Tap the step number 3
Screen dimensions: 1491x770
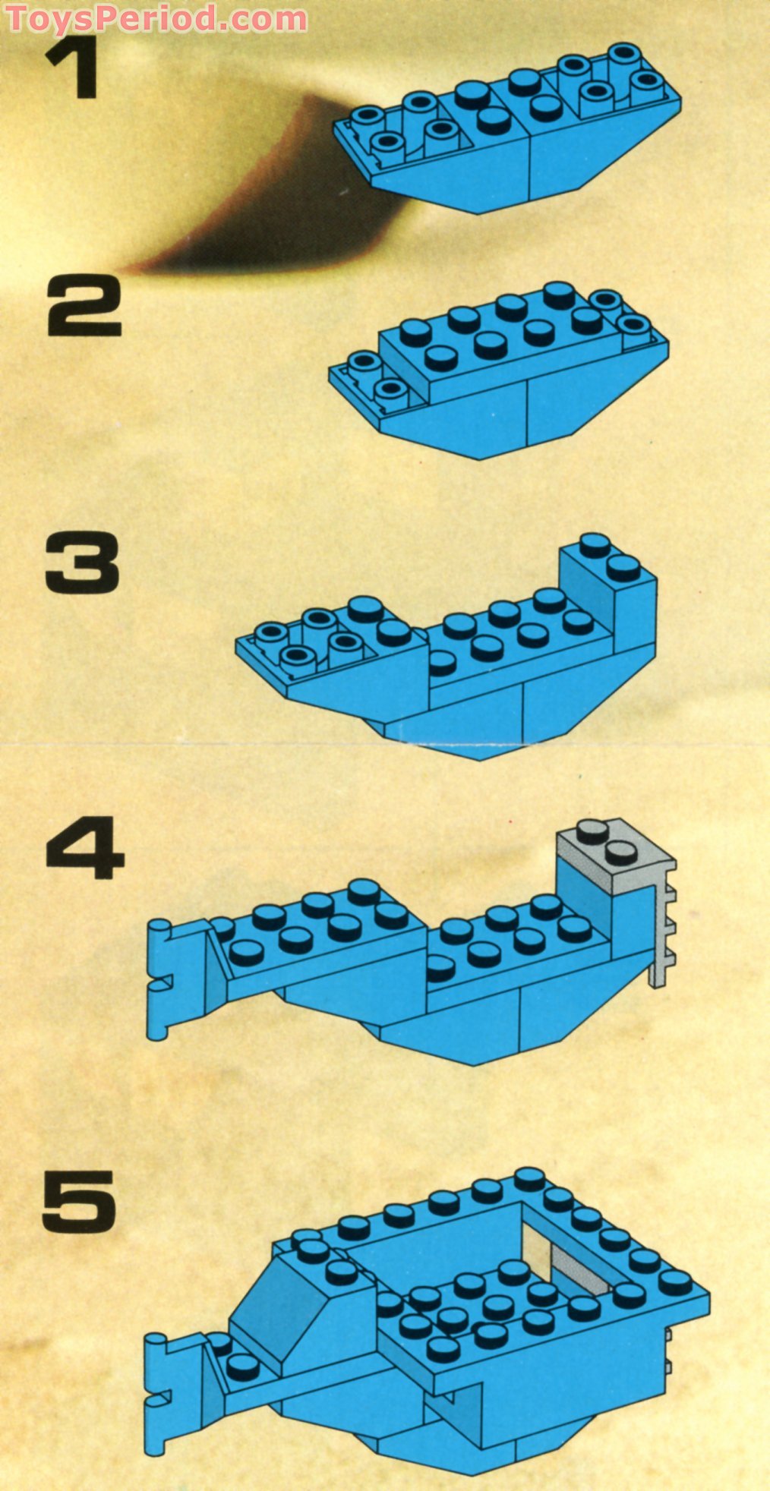[82, 563]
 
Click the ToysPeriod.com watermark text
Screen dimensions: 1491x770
[156, 17]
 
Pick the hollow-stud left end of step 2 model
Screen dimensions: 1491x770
[372, 380]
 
